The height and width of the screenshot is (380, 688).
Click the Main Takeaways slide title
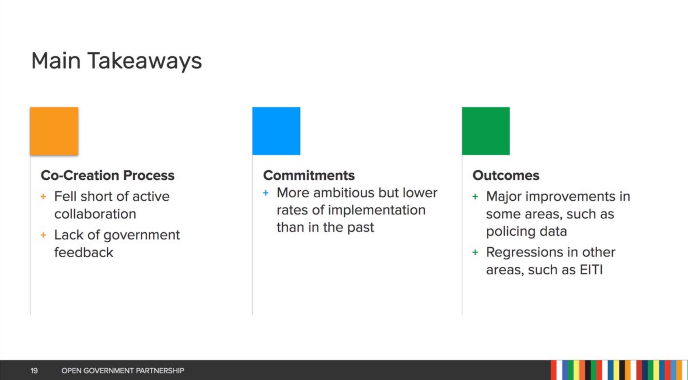point(117,61)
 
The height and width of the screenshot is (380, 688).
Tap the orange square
point(54,131)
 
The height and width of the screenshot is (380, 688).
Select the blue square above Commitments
point(276,131)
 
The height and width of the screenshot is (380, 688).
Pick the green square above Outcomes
point(486,131)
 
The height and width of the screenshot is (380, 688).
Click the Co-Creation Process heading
point(108,175)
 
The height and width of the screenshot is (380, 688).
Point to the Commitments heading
point(309,175)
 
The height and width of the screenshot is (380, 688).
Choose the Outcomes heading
point(506,175)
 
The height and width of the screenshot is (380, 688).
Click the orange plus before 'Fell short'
point(43,197)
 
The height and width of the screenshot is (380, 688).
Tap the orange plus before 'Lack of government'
point(43,235)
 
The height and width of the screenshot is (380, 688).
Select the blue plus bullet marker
point(266,193)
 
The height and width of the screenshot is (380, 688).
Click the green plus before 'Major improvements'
point(475,197)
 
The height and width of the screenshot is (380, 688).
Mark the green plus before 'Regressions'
point(475,252)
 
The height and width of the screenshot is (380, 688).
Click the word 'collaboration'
point(95,214)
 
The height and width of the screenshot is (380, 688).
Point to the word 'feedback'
point(84,252)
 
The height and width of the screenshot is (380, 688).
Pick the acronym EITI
point(591,270)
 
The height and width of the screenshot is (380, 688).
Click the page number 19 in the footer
point(34,370)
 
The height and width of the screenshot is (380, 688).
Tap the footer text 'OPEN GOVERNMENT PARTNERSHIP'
point(123,370)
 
